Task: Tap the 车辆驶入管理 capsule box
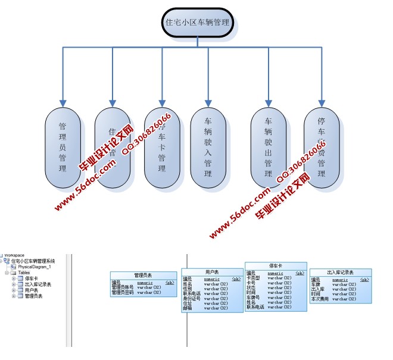[x=208, y=148]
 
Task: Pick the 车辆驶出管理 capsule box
[x=268, y=148]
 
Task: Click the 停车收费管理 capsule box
[x=322, y=148]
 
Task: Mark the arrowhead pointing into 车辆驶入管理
[x=208, y=103]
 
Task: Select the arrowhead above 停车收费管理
[x=322, y=103]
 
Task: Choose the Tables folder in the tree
[x=24, y=273]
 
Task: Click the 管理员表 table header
[x=143, y=276]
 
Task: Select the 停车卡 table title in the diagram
[x=276, y=265]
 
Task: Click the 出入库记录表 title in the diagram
[x=340, y=273]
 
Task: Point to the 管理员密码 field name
[x=124, y=292]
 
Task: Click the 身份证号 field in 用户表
[x=192, y=298]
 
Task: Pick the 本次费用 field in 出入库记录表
[x=319, y=299]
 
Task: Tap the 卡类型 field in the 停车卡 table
[x=255, y=278]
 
